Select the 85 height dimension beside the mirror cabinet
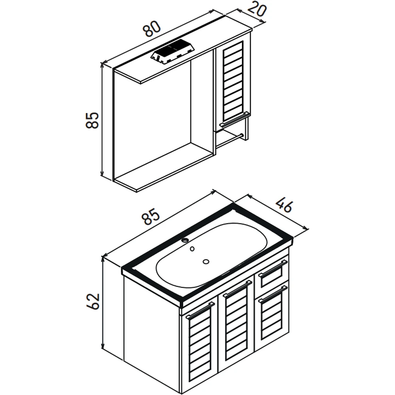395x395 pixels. click(x=92, y=120)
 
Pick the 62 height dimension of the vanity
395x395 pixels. click(x=93, y=301)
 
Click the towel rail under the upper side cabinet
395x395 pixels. click(x=230, y=141)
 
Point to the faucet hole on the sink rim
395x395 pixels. click(x=186, y=240)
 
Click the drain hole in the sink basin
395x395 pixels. click(x=206, y=262)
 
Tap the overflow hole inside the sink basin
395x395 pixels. click(x=192, y=249)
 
